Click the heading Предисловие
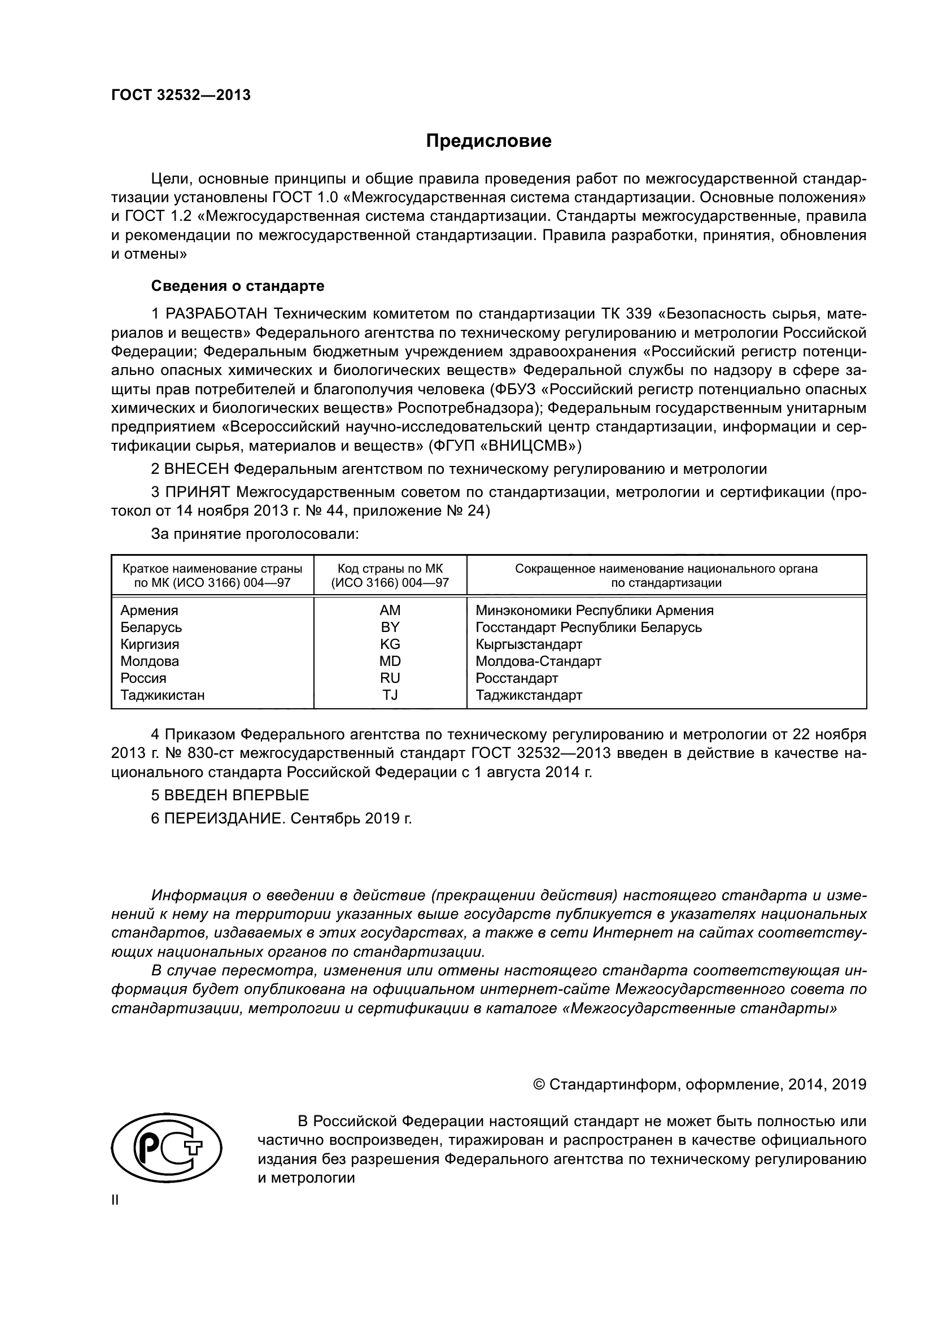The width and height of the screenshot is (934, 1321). (x=488, y=141)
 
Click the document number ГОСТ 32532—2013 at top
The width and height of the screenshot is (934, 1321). (x=181, y=95)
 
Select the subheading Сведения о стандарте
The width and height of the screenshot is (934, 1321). (x=238, y=286)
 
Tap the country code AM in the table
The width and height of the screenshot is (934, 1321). (x=390, y=611)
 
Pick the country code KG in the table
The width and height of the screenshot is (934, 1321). (x=390, y=644)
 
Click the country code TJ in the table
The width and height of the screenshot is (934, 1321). (x=390, y=695)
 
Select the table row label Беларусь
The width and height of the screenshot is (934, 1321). (x=151, y=627)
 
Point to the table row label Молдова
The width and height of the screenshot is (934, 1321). (x=150, y=661)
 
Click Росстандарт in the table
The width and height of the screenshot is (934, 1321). (x=517, y=678)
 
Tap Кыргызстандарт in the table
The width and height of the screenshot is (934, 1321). (x=529, y=644)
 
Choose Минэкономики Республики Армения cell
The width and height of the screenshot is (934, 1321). (x=594, y=611)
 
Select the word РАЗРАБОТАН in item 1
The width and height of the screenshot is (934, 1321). (x=217, y=314)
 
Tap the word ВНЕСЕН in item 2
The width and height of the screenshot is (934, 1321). (x=197, y=469)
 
